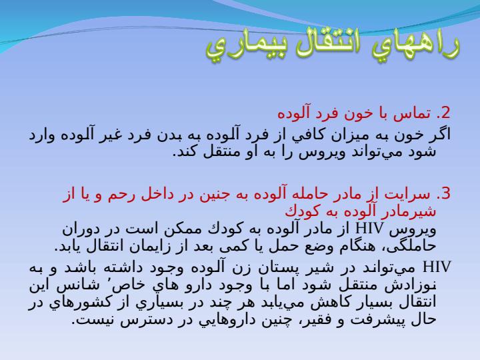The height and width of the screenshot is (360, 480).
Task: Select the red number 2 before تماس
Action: coord(445,113)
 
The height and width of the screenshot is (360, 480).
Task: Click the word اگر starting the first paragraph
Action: coord(441,135)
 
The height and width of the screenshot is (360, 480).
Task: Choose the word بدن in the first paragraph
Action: coord(167,135)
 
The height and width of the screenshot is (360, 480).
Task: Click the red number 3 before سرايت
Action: coord(445,194)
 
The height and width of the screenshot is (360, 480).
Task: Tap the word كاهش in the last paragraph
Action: coord(325,303)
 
